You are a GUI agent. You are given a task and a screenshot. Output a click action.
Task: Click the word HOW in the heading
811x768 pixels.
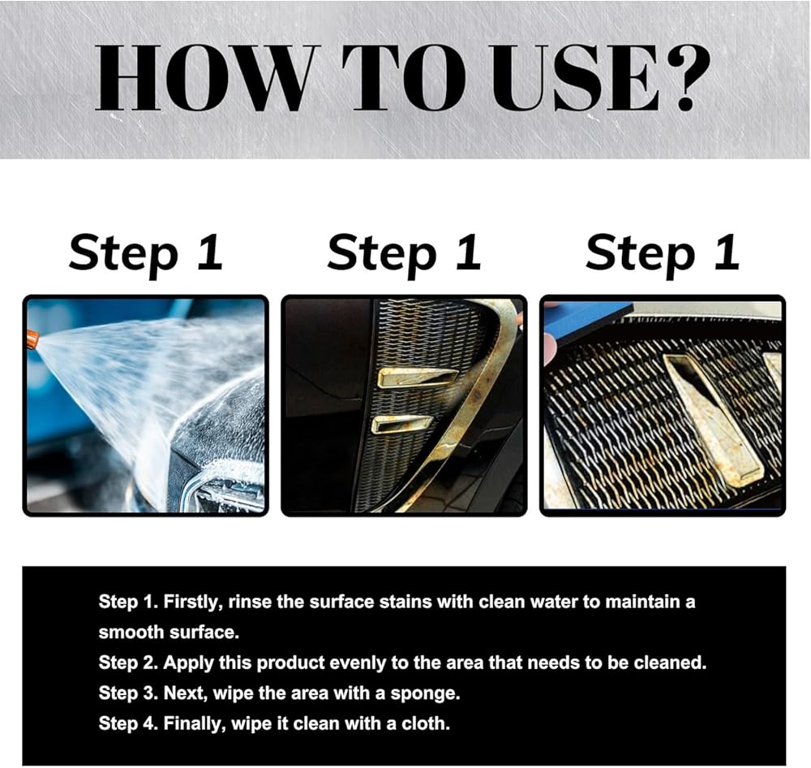(x=205, y=78)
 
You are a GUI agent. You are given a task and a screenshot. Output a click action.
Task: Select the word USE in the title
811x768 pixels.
(x=575, y=78)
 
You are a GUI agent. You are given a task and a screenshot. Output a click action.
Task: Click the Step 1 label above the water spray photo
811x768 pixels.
(x=146, y=254)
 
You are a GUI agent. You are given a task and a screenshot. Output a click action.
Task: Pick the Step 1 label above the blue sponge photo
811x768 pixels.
(x=663, y=254)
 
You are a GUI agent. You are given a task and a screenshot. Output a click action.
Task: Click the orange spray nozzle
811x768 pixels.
(x=32, y=339)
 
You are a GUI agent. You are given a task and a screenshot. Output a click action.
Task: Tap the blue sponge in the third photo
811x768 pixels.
(x=590, y=326)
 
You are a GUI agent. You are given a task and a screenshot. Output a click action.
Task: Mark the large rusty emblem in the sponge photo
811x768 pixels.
(x=714, y=420)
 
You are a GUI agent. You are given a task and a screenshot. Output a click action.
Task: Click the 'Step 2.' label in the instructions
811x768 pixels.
(x=128, y=663)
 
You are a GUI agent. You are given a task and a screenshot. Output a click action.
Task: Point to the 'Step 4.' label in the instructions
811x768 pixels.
(x=128, y=723)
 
